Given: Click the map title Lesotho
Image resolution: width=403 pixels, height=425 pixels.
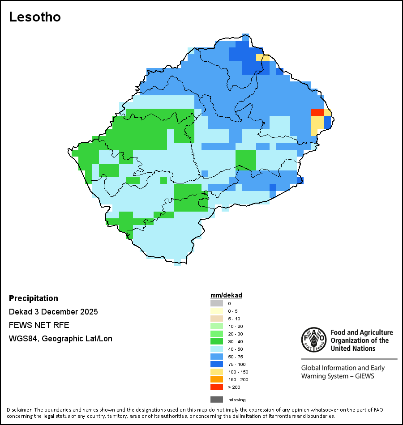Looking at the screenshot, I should coord(35,17).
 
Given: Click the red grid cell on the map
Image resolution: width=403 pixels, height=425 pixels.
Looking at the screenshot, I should coord(317,112).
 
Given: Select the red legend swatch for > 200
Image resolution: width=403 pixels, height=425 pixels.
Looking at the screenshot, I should coord(216,387).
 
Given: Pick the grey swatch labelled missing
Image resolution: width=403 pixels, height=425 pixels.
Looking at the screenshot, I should coord(216,399).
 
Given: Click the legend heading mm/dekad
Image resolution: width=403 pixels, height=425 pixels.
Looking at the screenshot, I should coord(226,296).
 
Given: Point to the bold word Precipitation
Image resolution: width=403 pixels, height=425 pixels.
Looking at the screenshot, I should coord(34,298).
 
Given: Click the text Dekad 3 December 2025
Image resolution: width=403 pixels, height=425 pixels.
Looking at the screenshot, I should coord(53,312).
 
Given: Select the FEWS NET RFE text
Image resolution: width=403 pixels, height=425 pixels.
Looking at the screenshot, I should coord(39,325).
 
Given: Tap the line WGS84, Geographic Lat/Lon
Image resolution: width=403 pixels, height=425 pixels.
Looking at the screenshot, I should coord(60,339).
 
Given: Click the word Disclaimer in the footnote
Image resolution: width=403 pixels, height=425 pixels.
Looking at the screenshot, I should coord(19,410).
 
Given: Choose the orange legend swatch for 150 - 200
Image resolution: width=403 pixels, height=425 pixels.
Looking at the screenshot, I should coord(216,379).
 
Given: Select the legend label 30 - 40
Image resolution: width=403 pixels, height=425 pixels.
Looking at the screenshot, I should coord(236,341).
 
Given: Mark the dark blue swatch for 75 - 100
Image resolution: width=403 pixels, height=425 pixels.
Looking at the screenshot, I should coord(216,364).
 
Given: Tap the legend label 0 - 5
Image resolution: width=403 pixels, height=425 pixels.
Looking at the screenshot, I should coord(233,311).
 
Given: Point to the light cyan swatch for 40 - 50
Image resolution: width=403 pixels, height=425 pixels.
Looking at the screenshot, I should coord(216,349).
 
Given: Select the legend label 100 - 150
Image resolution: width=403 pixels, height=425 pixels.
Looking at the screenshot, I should coord(238,372).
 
